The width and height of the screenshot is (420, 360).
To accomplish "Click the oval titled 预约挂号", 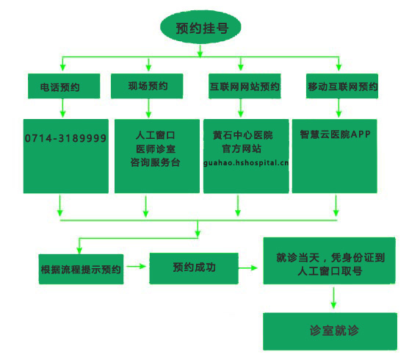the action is pos(200,27).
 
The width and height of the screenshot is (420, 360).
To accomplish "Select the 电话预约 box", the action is pos(64,86).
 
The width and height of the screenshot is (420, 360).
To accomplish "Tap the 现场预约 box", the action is pos(147,86).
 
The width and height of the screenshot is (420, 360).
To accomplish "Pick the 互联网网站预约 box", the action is pos(245,86).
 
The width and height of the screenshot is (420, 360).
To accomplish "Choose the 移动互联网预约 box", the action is pos(342,86).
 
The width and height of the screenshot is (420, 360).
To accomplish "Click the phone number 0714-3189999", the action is pos(65,138).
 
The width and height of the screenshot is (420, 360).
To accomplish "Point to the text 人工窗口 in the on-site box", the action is pos(156,135).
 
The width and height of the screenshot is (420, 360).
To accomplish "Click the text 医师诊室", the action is pos(156,148).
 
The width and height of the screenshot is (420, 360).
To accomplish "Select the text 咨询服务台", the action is pos(156,162).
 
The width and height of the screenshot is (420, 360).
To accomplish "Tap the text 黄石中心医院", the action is pos(243,135).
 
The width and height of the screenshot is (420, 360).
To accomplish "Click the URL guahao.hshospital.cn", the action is pos(246,162).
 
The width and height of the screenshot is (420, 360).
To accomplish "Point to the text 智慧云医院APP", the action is pos(336,134).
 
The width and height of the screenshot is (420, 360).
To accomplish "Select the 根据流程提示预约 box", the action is pos(82,269).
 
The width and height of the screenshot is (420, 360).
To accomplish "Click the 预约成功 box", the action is pos(194,268).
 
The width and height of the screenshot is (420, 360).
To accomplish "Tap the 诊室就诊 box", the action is pos(330,331).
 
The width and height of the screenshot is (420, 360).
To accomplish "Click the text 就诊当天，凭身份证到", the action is pos(330,258).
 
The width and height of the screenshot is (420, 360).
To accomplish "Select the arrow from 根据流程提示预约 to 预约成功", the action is pos(137,266).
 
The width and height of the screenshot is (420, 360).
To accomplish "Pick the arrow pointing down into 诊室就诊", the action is pos(333,298).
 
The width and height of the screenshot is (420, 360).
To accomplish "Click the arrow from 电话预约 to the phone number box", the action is pos(62,108).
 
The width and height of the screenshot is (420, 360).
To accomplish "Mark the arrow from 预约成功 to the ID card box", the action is pos(248,267).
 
